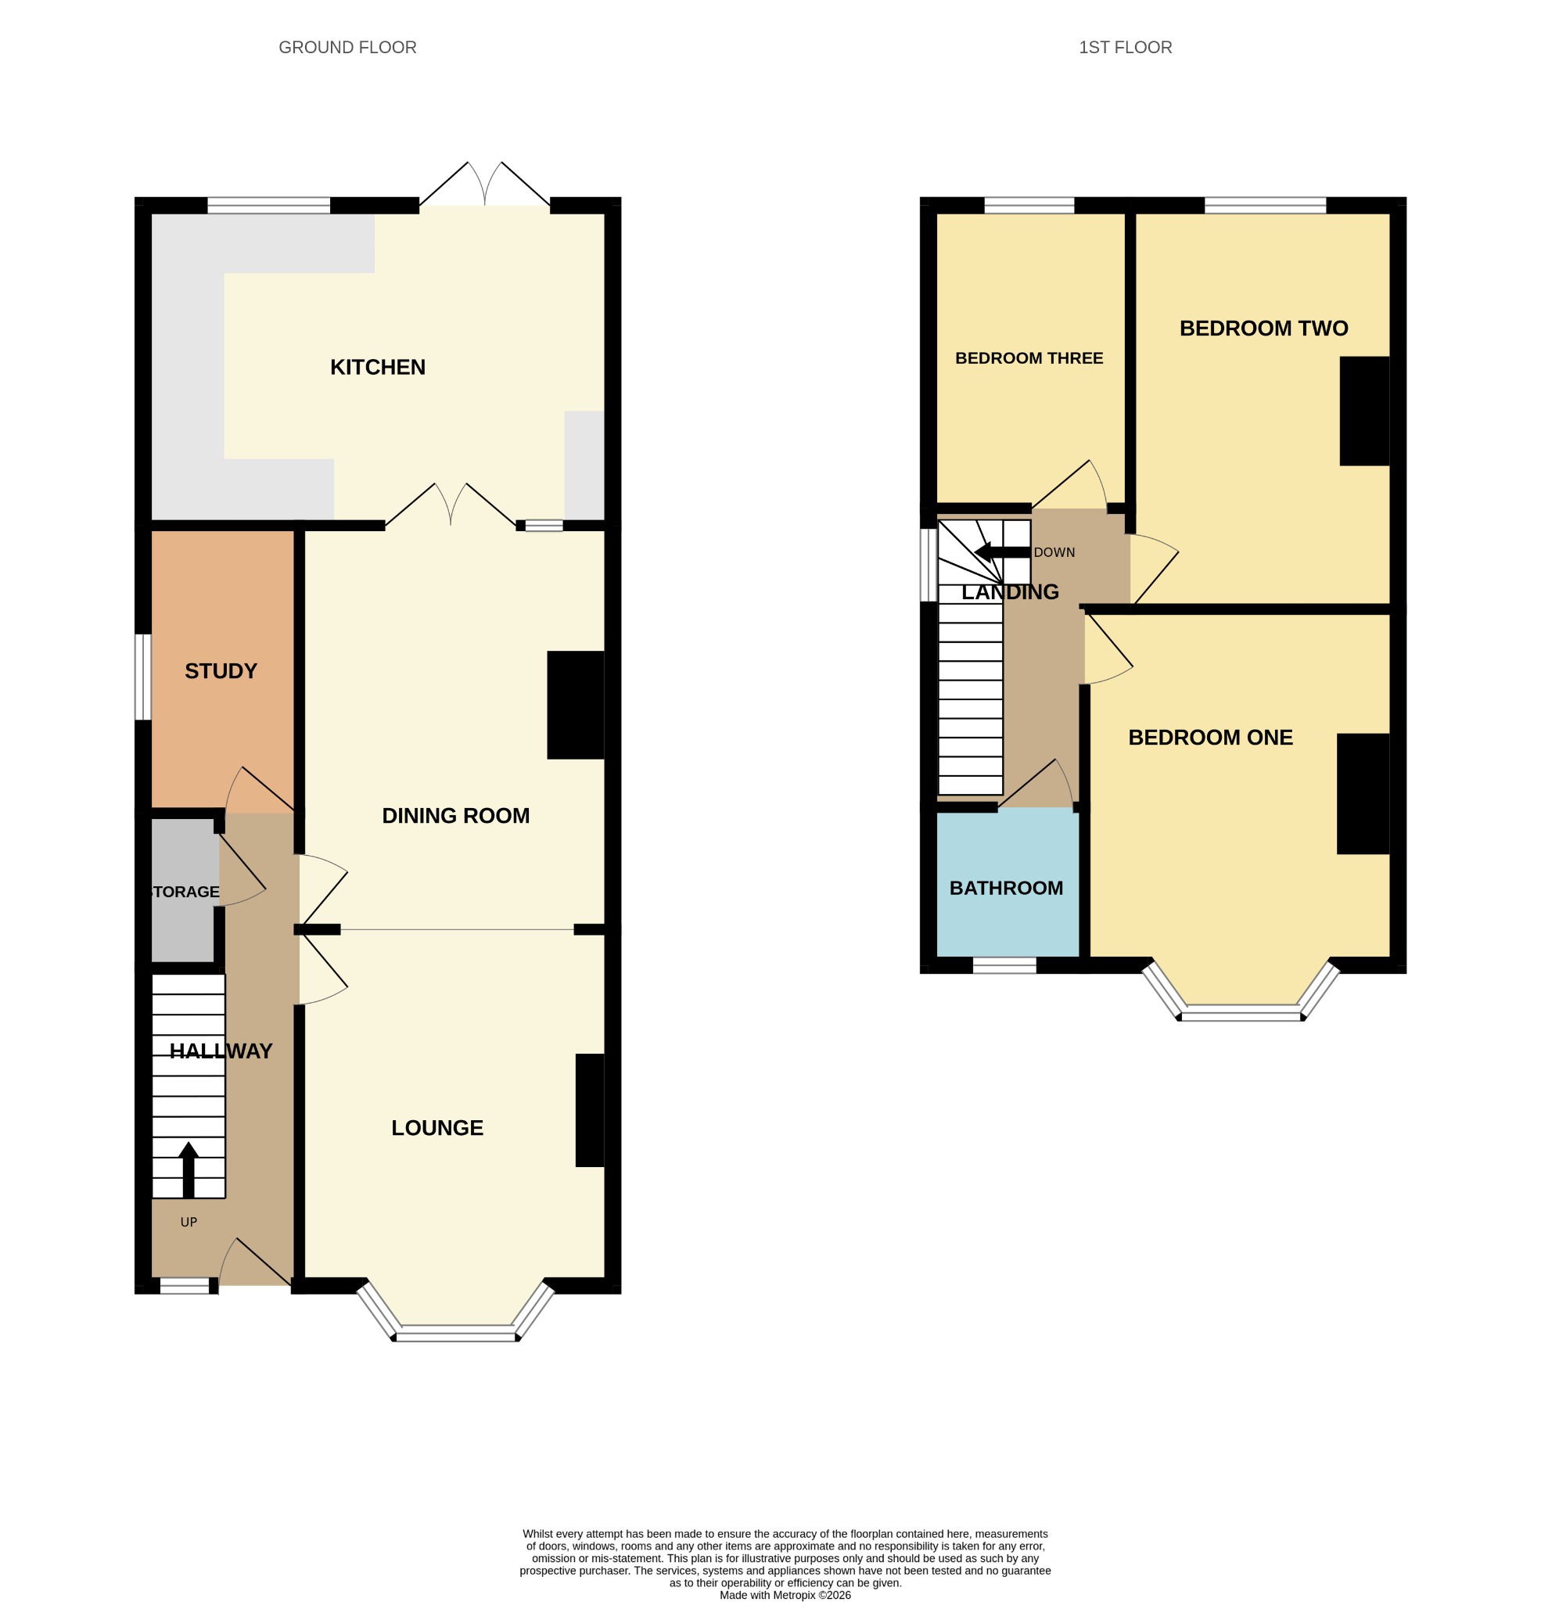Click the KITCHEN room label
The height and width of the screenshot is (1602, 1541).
(378, 368)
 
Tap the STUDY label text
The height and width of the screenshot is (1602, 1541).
(221, 671)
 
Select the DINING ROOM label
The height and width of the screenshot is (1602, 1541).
(455, 816)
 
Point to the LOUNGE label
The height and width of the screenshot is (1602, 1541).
(437, 1128)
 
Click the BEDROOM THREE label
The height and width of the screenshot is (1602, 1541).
(1029, 358)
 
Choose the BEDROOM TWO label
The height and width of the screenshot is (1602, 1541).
(1264, 329)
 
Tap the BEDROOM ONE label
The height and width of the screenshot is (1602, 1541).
(1211, 737)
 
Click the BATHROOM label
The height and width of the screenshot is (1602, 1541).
(1007, 888)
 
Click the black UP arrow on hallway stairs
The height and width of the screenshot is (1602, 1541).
(188, 1169)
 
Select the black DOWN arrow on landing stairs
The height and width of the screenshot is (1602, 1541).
(1002, 552)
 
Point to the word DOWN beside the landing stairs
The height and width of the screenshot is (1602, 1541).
(1054, 552)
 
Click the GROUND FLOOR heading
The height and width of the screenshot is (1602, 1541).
(347, 48)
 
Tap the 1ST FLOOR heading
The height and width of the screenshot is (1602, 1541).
(1126, 48)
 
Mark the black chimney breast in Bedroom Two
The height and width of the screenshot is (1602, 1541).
(1364, 411)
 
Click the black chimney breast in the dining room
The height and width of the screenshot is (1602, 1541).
(576, 705)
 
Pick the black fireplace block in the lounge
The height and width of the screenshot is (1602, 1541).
(591, 1110)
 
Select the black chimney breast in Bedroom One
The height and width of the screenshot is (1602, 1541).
(1363, 794)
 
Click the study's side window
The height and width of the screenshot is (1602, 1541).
(143, 677)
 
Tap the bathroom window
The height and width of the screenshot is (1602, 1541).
(1004, 965)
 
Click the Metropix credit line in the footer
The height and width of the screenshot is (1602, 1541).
(785, 1595)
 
